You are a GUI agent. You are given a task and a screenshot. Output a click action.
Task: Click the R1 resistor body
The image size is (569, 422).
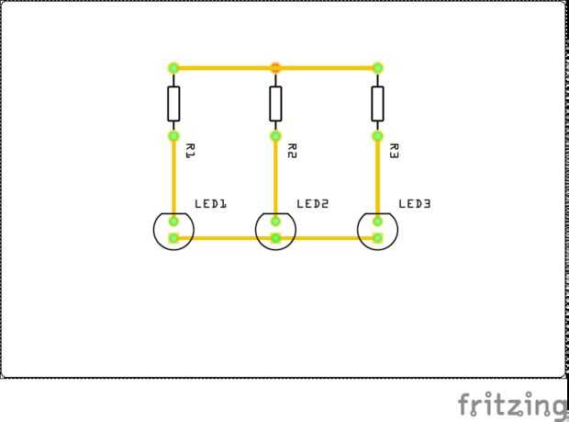point(173,103)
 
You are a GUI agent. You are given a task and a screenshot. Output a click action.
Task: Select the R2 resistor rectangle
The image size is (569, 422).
point(275,103)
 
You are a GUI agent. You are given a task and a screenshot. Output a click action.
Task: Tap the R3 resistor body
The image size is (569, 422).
point(377,103)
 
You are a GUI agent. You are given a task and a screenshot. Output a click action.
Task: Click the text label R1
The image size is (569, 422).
point(190,151)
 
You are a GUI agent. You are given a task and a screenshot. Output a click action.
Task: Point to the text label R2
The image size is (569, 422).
point(292,151)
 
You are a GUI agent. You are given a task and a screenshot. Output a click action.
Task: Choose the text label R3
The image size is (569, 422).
point(394,151)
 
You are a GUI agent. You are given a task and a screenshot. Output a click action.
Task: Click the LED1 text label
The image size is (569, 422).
point(211,203)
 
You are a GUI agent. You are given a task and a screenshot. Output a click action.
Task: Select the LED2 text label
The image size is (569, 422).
point(313,203)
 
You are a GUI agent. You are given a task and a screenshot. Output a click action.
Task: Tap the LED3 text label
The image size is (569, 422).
point(415,203)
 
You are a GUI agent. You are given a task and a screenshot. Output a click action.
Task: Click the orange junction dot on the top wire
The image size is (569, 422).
point(275,67)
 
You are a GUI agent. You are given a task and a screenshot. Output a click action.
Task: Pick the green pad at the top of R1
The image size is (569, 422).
point(173,67)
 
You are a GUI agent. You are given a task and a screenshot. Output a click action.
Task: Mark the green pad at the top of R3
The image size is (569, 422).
point(377,67)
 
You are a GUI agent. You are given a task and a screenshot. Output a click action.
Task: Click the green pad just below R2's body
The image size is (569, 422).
point(275,136)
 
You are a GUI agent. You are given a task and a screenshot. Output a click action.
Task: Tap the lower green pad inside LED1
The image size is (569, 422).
point(173,238)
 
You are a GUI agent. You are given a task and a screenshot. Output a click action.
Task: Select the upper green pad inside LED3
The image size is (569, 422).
point(377,221)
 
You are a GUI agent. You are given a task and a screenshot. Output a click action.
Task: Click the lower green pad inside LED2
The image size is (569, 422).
point(275,238)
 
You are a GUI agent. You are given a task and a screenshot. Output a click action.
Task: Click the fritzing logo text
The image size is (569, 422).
point(512,404)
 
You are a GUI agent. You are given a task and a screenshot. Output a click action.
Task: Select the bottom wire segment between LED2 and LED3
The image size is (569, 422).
point(327,238)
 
